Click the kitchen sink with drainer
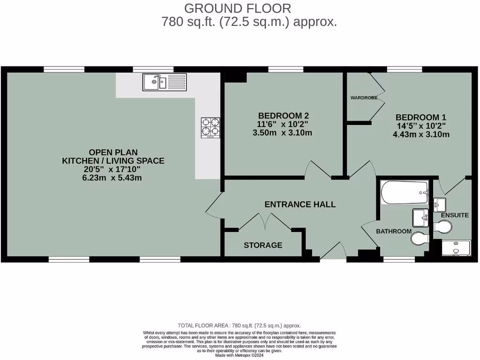tap(165, 82)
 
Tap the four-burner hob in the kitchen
tap(210, 127)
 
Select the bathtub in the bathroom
tap(405, 193)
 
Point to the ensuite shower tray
tap(456, 248)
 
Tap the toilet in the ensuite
tap(443, 227)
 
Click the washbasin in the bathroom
tap(420, 218)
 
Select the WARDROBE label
tap(364, 98)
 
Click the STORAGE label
tap(263, 245)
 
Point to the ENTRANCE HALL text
tap(300, 204)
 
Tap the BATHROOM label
tap(394, 231)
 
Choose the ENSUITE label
tap(455, 215)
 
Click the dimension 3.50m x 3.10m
tap(282, 133)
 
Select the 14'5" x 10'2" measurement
tap(420, 126)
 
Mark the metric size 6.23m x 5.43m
tap(113, 178)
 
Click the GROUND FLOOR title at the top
tap(238, 8)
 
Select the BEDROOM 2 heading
tap(283, 115)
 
